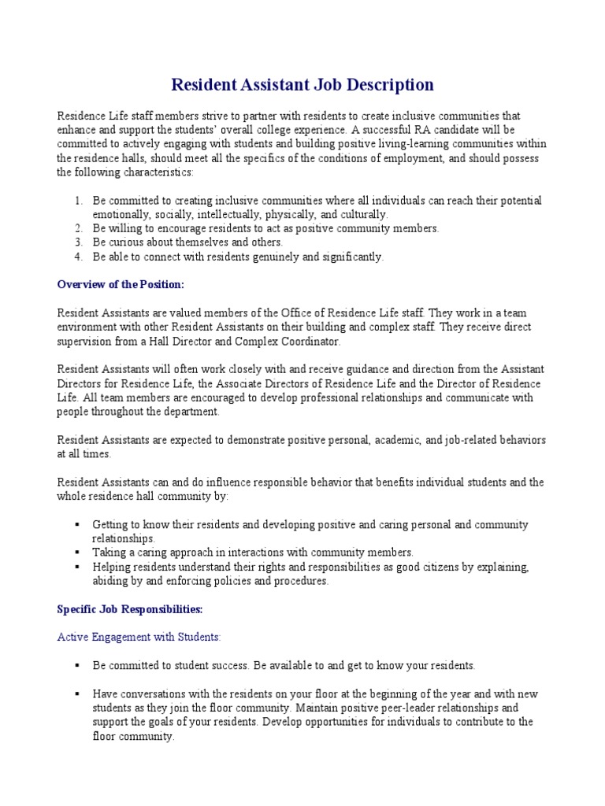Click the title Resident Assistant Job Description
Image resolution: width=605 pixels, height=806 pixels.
[x=302, y=84]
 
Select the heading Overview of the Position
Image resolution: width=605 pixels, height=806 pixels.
[x=121, y=284]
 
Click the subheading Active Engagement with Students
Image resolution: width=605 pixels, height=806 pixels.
[x=139, y=636]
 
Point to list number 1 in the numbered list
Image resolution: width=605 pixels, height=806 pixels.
[x=79, y=201]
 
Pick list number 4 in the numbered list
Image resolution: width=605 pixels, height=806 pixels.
[x=79, y=257]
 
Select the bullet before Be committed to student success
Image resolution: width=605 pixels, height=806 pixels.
[x=77, y=665]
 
